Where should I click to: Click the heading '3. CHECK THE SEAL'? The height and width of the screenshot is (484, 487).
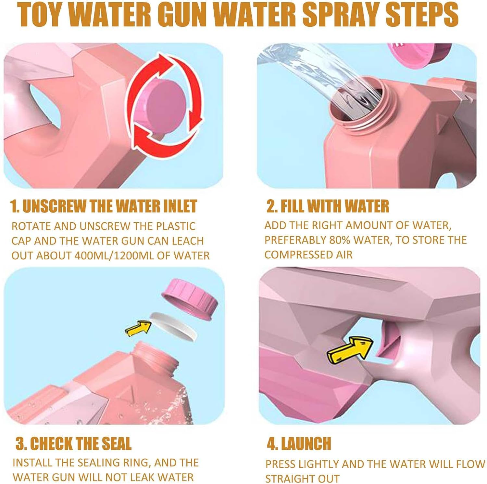(x=73, y=443)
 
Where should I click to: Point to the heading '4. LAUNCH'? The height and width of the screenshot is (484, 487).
(x=299, y=443)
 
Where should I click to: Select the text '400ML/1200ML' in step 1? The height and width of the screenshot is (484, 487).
(x=114, y=255)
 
